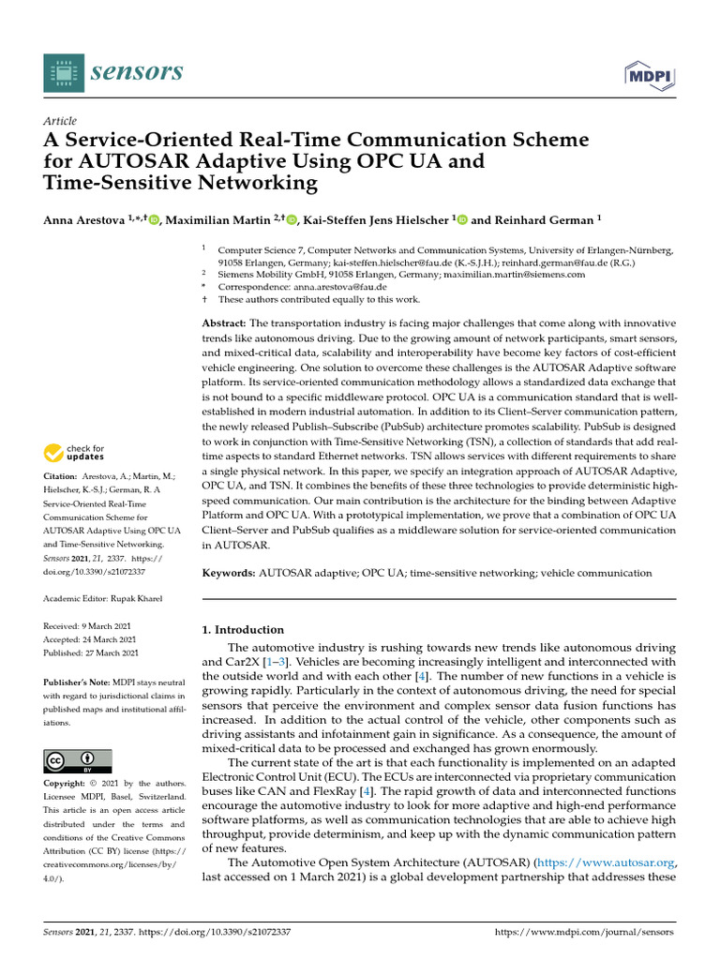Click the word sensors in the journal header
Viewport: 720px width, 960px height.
[138, 71]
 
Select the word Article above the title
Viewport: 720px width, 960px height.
[60, 121]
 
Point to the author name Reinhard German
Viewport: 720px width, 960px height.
[543, 220]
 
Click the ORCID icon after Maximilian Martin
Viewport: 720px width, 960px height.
[292, 220]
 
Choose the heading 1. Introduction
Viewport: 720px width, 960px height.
[243, 630]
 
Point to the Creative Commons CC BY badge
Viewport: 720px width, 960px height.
[78, 760]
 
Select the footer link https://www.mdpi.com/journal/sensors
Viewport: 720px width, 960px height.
[584, 933]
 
